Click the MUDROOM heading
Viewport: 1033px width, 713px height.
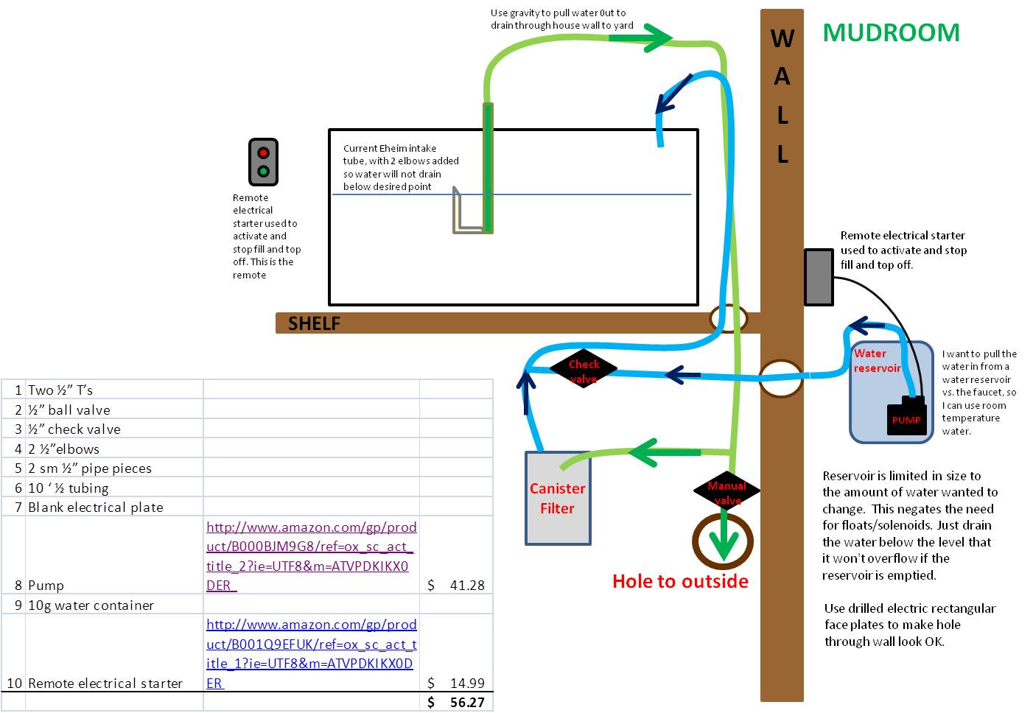coord(891,32)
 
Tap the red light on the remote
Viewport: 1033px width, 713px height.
coord(263,153)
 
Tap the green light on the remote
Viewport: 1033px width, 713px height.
coord(263,172)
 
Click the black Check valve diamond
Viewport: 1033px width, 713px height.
coord(584,369)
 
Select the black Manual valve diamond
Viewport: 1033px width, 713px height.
coord(726,491)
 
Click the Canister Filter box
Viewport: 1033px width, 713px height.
coord(558,498)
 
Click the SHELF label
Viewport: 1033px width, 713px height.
coord(314,323)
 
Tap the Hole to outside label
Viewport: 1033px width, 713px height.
coord(680,581)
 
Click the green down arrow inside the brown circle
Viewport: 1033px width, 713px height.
coord(723,537)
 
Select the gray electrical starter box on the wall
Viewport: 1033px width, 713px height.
coord(819,277)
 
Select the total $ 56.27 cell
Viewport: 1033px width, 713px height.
coord(456,702)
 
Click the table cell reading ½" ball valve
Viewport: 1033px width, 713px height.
coord(114,410)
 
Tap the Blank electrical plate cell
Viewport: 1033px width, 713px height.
coord(114,507)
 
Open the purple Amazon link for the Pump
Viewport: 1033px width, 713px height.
coord(311,556)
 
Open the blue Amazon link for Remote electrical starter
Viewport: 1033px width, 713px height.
coord(311,653)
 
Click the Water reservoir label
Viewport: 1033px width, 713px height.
coord(877,360)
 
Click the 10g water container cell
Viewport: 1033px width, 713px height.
coord(114,604)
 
